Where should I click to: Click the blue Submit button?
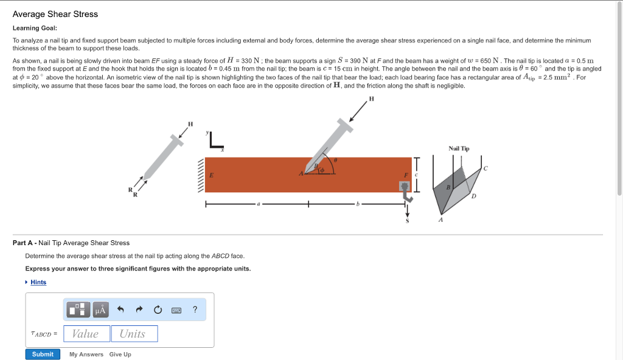[x=43, y=354]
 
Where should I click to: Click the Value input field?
[x=86, y=333]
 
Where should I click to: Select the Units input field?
[x=134, y=333]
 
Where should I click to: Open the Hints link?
[x=38, y=282]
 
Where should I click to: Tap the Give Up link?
[x=120, y=355]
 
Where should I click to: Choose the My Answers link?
[x=86, y=355]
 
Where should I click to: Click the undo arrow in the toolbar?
[x=120, y=310]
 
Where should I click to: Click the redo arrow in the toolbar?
[x=139, y=310]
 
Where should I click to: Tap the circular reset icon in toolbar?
[x=158, y=310]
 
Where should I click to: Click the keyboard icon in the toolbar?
[x=176, y=310]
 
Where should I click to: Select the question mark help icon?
[x=195, y=310]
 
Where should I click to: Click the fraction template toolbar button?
[x=78, y=310]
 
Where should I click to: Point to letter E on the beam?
[x=211, y=175]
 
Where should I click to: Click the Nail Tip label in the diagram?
[x=459, y=148]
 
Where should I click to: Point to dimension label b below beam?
[x=359, y=204]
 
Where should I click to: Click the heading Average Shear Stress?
[x=55, y=14]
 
